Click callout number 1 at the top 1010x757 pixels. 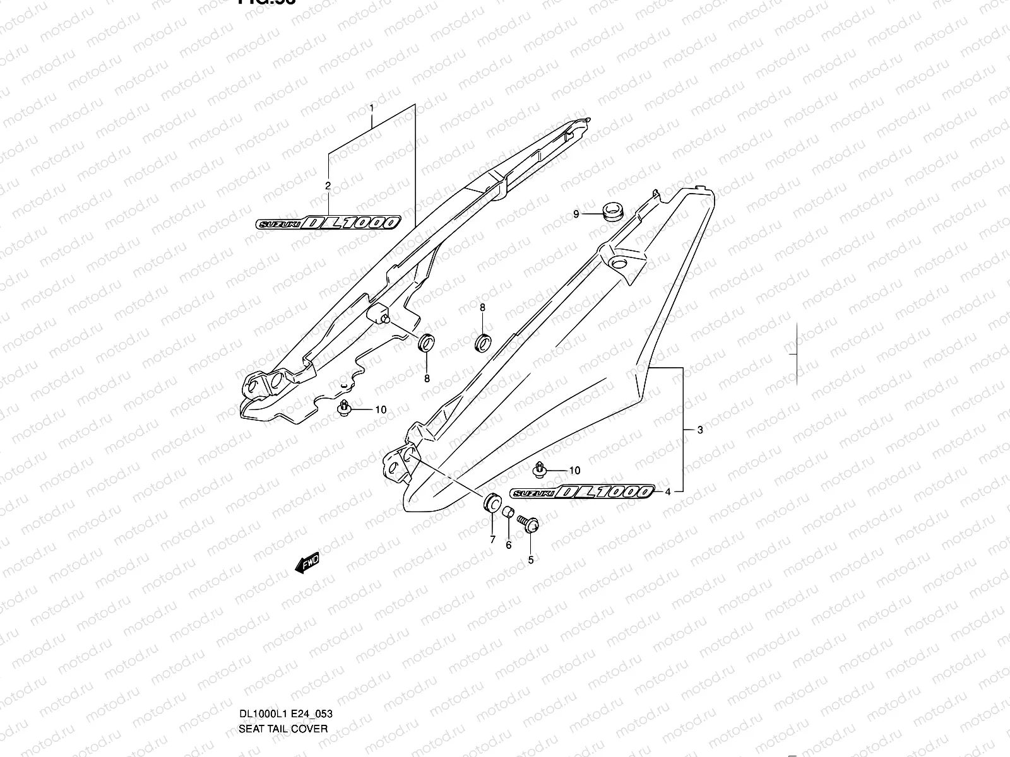tap(372, 109)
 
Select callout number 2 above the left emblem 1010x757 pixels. tap(328, 185)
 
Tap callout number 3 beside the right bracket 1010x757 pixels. tap(700, 430)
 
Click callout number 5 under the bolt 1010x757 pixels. tap(531, 560)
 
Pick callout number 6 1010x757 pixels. tap(508, 545)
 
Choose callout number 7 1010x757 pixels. tap(492, 540)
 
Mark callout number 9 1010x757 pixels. tap(576, 214)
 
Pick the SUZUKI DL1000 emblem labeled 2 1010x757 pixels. tap(328, 223)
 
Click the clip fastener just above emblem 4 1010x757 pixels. tap(539, 468)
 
